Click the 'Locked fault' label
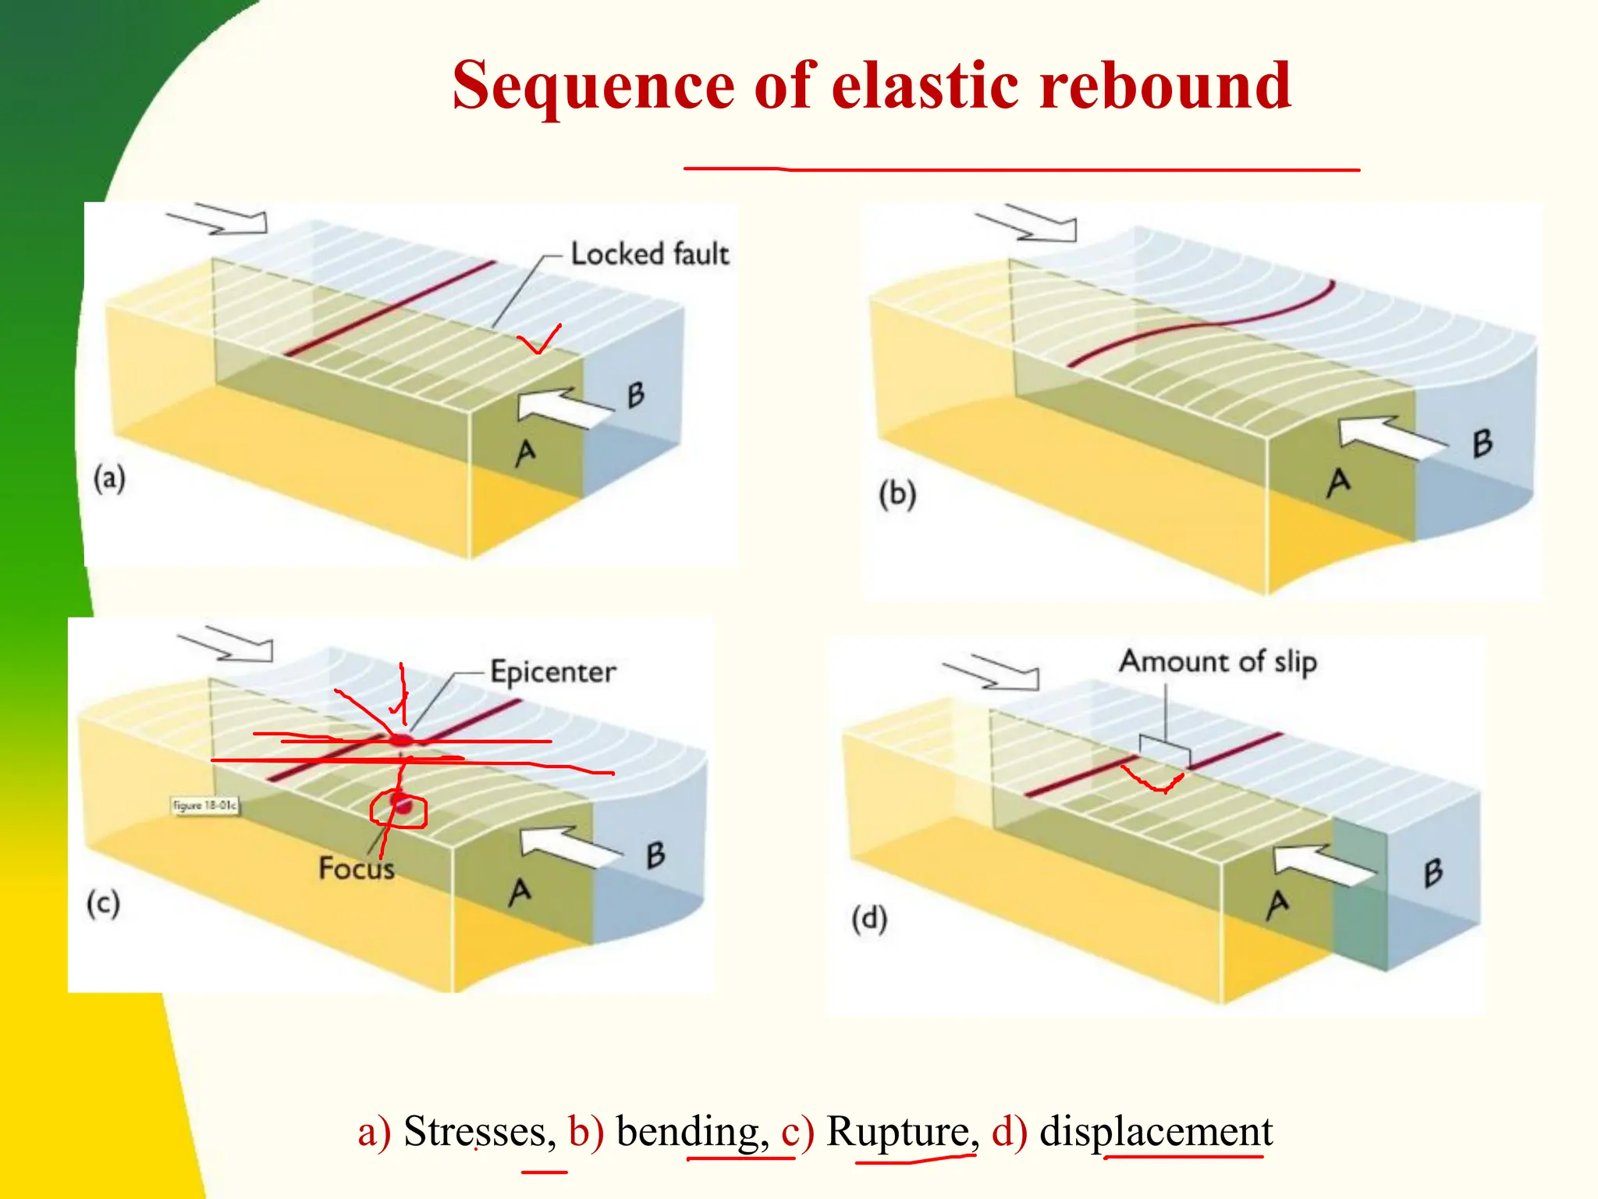click(649, 254)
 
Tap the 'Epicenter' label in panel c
click(552, 672)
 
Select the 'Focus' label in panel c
click(356, 869)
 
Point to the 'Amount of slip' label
click(1218, 662)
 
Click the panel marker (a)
click(109, 478)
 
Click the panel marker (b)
click(897, 495)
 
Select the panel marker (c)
click(103, 904)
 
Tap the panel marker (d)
click(869, 919)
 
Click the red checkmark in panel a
click(540, 340)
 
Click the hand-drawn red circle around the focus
click(398, 809)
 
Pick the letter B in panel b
click(1483, 443)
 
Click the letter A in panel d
click(1277, 905)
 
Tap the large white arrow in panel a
click(563, 407)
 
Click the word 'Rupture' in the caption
click(897, 1131)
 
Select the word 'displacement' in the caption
click(1156, 1131)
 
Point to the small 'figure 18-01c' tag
click(205, 805)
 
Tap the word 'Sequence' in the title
click(593, 85)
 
